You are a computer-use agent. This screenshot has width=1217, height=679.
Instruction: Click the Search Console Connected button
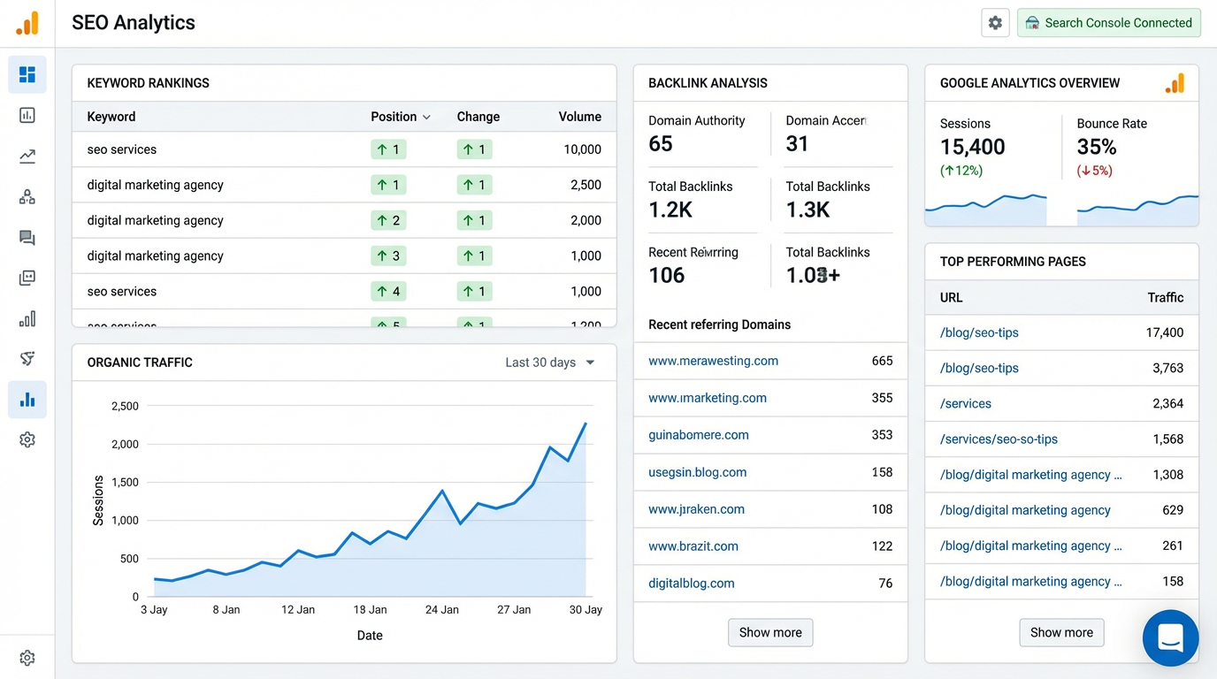click(1108, 23)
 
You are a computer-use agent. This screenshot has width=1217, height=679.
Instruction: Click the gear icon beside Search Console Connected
click(995, 23)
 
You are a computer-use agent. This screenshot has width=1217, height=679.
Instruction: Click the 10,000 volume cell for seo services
click(582, 149)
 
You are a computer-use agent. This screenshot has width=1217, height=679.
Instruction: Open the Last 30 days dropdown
click(549, 362)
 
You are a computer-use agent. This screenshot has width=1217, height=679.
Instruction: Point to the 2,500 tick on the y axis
click(125, 406)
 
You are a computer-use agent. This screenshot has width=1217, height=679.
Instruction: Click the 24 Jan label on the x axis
click(442, 609)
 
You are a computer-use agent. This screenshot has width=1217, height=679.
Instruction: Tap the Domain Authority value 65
click(661, 144)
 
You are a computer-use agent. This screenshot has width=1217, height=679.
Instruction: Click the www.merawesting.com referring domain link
click(713, 361)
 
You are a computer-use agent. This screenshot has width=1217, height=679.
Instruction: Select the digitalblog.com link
click(691, 584)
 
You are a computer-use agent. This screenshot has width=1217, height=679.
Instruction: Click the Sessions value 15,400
click(972, 147)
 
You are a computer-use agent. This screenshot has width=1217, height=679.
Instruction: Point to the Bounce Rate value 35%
click(1096, 147)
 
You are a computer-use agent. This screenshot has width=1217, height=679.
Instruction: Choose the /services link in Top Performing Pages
click(965, 404)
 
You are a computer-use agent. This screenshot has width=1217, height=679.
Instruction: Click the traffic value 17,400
click(1164, 333)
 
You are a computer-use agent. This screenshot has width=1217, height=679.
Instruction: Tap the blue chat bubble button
click(1170, 637)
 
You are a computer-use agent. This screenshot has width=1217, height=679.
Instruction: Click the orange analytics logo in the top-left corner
click(27, 23)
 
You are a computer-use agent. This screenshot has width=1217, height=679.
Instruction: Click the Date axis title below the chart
click(370, 635)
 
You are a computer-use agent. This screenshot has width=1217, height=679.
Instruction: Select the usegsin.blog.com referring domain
click(697, 472)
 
